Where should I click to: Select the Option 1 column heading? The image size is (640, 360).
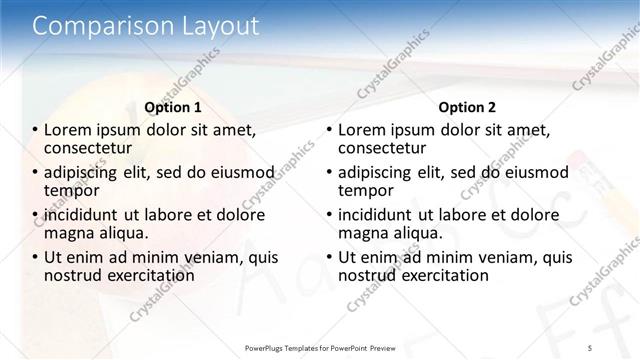tap(173, 106)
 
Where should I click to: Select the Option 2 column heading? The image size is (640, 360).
tap(466, 106)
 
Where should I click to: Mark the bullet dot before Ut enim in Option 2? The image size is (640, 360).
tap(329, 257)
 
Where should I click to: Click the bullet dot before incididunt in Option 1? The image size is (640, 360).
tap(35, 214)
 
